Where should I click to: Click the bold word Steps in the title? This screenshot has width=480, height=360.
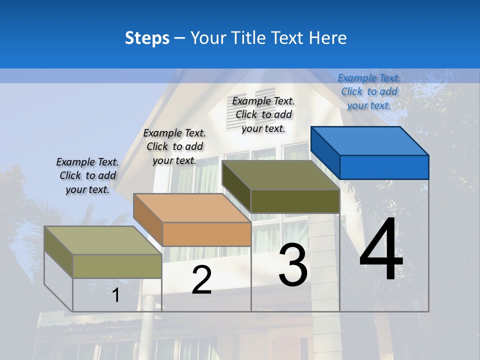147,38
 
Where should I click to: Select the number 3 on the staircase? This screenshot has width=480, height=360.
293,265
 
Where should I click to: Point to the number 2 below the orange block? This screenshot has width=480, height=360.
201,280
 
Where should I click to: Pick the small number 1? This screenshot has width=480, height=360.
116,295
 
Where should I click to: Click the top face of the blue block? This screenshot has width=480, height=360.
370,140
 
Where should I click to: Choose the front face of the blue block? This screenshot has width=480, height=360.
384,167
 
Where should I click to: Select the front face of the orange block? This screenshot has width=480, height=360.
206,234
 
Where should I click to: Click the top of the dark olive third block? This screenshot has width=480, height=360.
281,175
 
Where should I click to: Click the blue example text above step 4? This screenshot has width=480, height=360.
369,91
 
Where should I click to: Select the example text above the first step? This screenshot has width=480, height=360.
87,175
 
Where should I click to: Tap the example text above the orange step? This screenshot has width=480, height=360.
174,146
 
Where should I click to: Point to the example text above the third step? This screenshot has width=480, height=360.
263,114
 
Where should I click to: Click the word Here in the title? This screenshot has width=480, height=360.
328,38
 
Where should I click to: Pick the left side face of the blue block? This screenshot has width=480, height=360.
325,152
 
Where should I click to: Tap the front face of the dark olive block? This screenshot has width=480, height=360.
295,201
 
